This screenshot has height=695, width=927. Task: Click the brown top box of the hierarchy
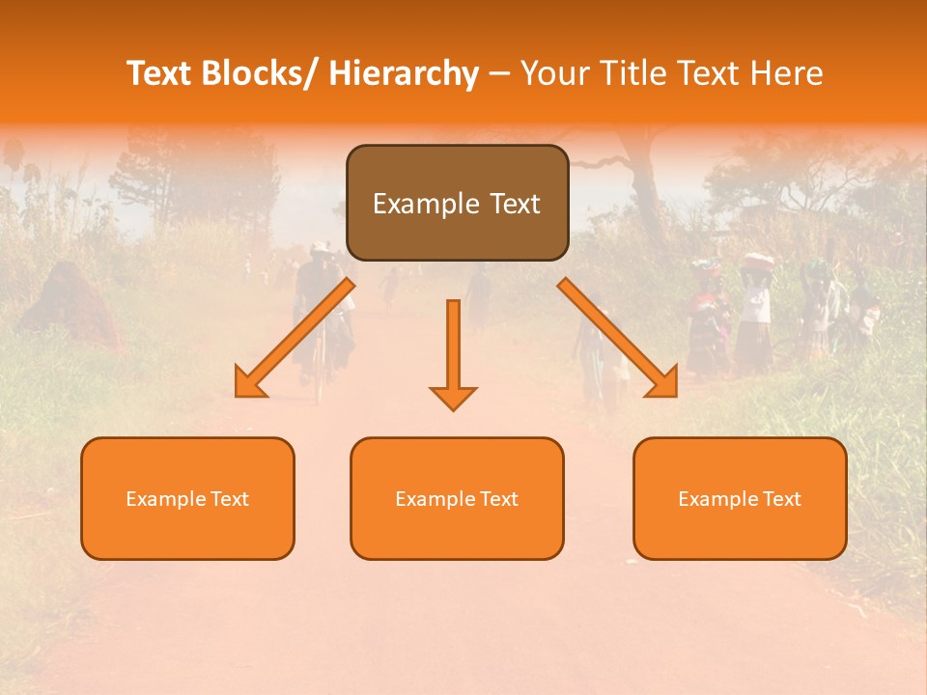coord(457,203)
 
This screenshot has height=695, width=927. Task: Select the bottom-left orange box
coord(187,498)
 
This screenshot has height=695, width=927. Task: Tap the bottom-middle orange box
coord(457,498)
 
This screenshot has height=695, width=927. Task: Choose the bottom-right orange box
coord(740,498)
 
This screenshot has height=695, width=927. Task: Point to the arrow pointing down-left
coord(295,338)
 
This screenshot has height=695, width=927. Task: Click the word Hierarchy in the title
coord(404,73)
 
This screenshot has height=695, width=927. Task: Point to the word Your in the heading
coord(554,73)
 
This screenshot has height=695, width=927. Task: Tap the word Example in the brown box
coord(426,204)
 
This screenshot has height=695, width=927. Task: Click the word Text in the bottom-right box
coord(780,499)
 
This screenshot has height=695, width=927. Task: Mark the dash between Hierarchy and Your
coord(500,74)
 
